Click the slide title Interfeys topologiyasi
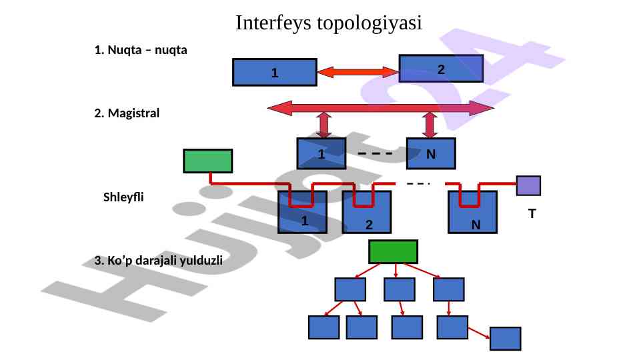[x=329, y=23]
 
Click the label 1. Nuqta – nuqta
[x=141, y=50]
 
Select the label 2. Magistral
[x=127, y=113]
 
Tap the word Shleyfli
[x=123, y=197]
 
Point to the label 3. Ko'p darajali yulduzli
[x=159, y=260]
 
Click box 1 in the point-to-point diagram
[x=274, y=73]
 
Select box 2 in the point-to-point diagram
[x=441, y=68]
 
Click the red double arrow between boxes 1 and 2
[x=358, y=71]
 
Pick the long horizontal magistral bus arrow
[x=380, y=107]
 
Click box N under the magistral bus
[x=431, y=154]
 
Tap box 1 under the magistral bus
[x=321, y=154]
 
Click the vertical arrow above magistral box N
[x=430, y=125]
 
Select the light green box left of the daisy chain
[x=208, y=161]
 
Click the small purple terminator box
[x=528, y=185]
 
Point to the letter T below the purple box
[x=532, y=214]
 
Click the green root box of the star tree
[x=394, y=251]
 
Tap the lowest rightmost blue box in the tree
[x=505, y=339]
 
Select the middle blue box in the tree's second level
[x=400, y=289]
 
